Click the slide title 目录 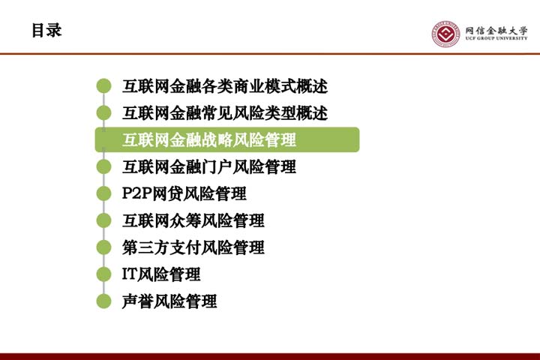[x=46, y=30]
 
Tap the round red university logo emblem [x=446, y=34]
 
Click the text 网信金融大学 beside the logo [x=496, y=30]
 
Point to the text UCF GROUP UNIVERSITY [x=496, y=38]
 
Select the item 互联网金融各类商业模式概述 [x=225, y=86]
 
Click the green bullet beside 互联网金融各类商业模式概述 [x=103, y=86]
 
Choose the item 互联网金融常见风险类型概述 [x=225, y=113]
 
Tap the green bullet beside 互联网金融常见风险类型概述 [x=103, y=113]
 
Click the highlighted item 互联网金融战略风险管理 [x=209, y=139]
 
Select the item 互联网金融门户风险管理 [x=209, y=166]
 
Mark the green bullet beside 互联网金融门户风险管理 [x=103, y=166]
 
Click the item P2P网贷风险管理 [x=184, y=193]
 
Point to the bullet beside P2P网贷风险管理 [x=103, y=193]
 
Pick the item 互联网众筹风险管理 [x=193, y=220]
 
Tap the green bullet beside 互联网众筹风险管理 [x=103, y=220]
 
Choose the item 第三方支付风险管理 [x=193, y=247]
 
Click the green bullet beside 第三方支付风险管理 [x=103, y=247]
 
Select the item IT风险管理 [x=161, y=274]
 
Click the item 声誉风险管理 [x=169, y=301]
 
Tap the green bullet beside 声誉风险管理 [x=103, y=301]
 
